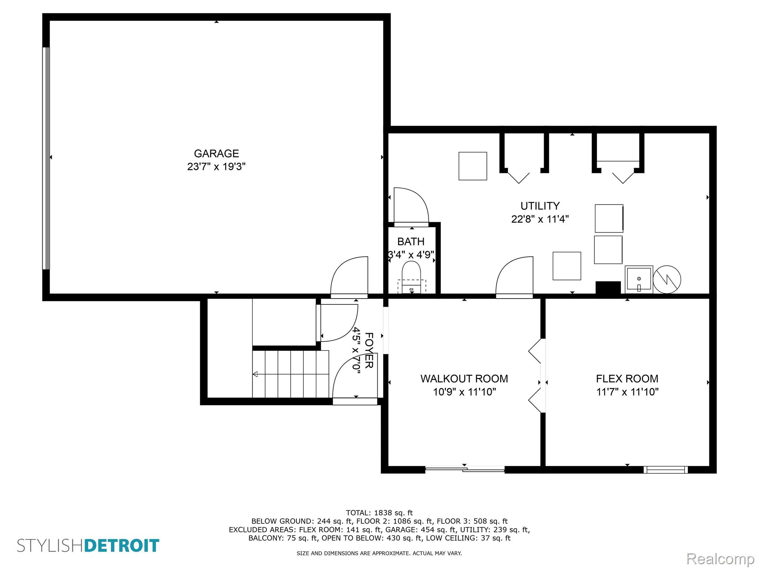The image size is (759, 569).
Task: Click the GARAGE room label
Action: coord(216,153)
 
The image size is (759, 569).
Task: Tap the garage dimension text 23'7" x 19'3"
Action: coord(216,167)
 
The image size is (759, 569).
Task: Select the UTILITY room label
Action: coord(540,206)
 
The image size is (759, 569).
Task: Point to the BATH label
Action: coord(411,242)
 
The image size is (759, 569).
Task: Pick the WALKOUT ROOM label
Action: coord(464,379)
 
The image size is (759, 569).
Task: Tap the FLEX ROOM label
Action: coord(627,379)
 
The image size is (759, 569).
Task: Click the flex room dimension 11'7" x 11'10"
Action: coord(627,392)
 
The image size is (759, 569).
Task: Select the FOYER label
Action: coord(369,350)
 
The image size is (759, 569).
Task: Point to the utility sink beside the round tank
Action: coord(639,279)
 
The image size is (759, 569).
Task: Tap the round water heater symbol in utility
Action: coord(667,279)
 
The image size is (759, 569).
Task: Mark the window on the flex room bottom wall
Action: coord(666,470)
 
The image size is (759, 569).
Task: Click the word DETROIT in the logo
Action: coord(122,546)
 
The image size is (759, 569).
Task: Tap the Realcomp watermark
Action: coord(720,559)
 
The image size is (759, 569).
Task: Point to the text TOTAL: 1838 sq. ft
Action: coord(379,513)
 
